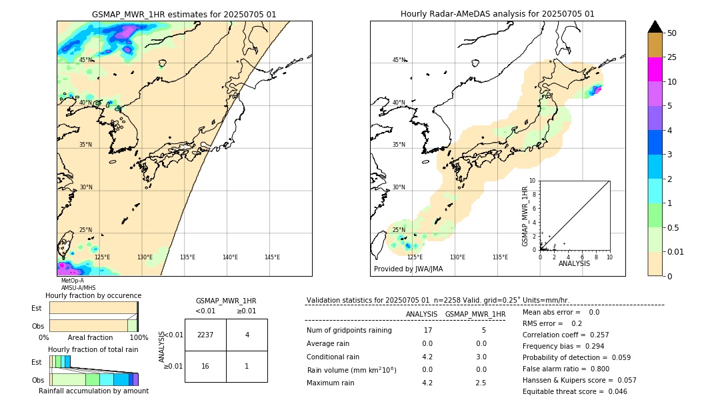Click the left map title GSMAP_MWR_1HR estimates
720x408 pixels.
click(184, 14)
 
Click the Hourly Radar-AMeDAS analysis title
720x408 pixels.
click(497, 14)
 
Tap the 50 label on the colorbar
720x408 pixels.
click(672, 33)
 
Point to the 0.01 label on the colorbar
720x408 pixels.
click(676, 251)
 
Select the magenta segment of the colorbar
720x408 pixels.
click(655, 69)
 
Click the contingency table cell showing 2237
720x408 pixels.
click(205, 335)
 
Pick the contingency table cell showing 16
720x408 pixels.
click(205, 366)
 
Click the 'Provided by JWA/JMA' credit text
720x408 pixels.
click(408, 269)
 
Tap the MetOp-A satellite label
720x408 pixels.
click(72, 281)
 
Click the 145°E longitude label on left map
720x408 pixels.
click(272, 257)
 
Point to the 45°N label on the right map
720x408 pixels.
click(399, 60)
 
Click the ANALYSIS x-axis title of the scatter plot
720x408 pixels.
click(574, 264)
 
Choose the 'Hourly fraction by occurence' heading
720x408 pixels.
click(93, 295)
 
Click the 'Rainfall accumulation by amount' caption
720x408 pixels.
click(93, 391)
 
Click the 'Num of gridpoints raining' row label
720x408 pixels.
click(349, 331)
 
